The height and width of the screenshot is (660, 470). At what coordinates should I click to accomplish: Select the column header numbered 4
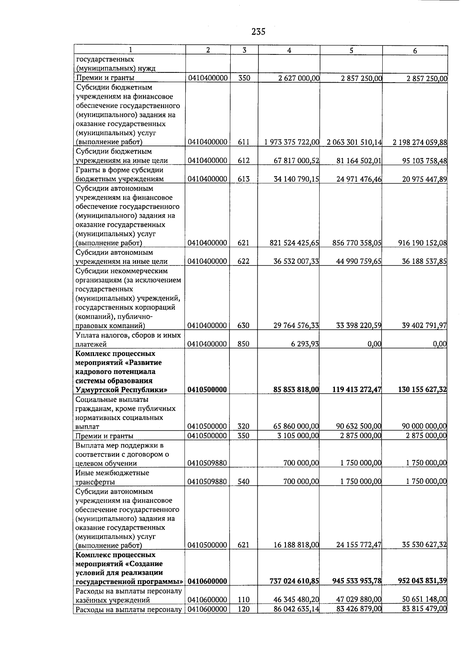(289, 50)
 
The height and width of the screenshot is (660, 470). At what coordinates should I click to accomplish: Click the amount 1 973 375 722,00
(292, 142)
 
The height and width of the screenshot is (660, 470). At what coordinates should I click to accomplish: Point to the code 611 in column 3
(244, 142)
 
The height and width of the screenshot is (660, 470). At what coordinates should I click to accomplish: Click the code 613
(244, 179)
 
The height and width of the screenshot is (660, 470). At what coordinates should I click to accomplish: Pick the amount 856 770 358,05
(357, 243)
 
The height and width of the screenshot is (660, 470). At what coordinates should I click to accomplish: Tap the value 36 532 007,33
(296, 261)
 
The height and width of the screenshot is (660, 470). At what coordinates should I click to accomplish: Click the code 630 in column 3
(244, 326)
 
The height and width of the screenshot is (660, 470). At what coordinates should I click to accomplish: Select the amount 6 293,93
(305, 344)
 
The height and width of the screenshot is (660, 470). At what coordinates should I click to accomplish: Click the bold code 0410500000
(207, 390)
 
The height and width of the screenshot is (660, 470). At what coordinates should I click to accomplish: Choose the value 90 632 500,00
(359, 427)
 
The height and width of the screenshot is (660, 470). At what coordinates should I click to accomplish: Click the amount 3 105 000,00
(298, 436)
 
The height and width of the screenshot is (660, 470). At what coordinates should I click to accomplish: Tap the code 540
(244, 482)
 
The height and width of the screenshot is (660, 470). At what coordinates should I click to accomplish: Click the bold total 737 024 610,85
(294, 582)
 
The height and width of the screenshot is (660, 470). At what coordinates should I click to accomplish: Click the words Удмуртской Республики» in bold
(121, 390)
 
